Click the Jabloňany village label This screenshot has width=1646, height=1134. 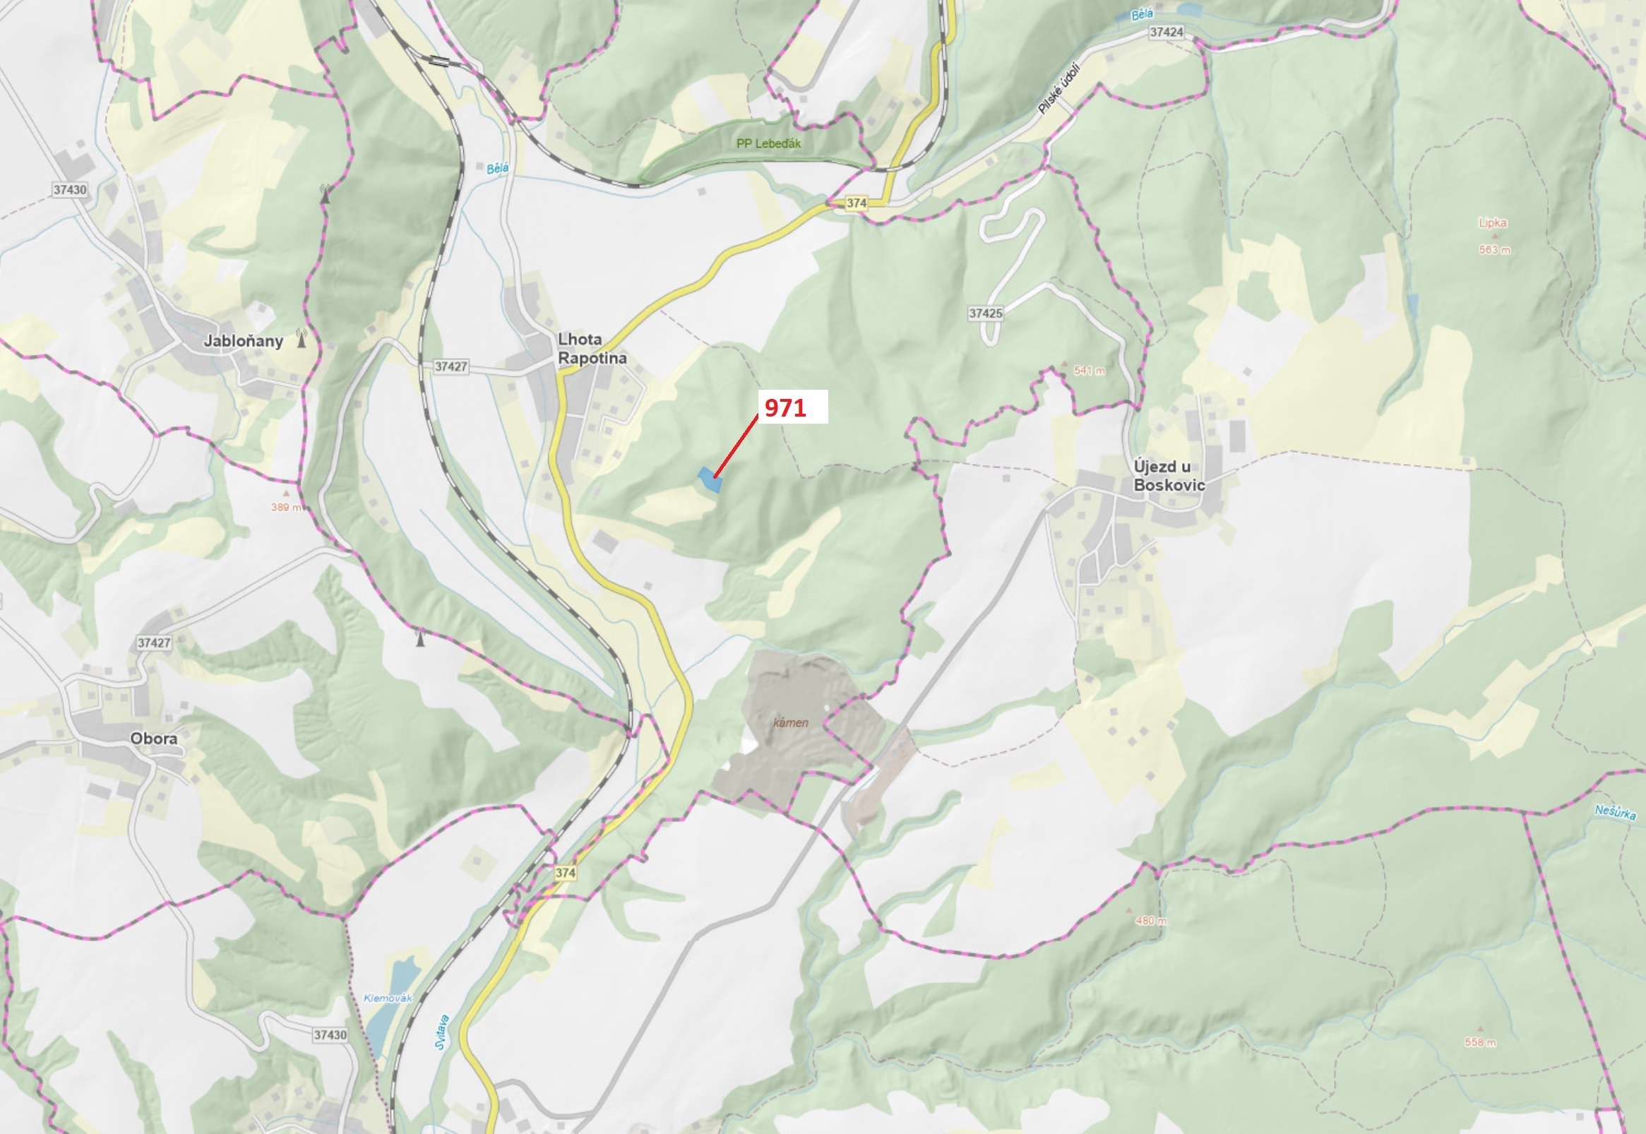pos(243,341)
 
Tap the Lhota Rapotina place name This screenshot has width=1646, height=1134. pos(592,349)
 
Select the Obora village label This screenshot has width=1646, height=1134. pos(153,739)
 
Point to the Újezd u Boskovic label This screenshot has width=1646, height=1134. pos(1169,475)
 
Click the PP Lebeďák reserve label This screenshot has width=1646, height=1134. pos(768,143)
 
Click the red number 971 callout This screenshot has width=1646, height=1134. pos(785,408)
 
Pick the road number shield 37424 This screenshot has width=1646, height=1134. pos(1167,32)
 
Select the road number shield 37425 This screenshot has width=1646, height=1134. pos(985,314)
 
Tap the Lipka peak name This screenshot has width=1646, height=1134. pos(1492,223)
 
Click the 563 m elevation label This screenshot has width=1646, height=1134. pos(1495,250)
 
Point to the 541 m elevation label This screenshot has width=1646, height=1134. pos(1089,371)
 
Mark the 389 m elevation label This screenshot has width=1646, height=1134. pos(285,507)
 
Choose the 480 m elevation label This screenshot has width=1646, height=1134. pos(1150,921)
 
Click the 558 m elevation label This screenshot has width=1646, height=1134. pos(1480,1042)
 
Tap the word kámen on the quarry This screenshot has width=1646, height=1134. pos(791,722)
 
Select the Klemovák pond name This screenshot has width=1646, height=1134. pos(388,998)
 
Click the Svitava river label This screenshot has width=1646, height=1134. pos(442,1033)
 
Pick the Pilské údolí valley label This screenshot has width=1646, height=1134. pos(1058,90)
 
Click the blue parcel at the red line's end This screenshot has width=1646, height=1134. pos(710,479)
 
